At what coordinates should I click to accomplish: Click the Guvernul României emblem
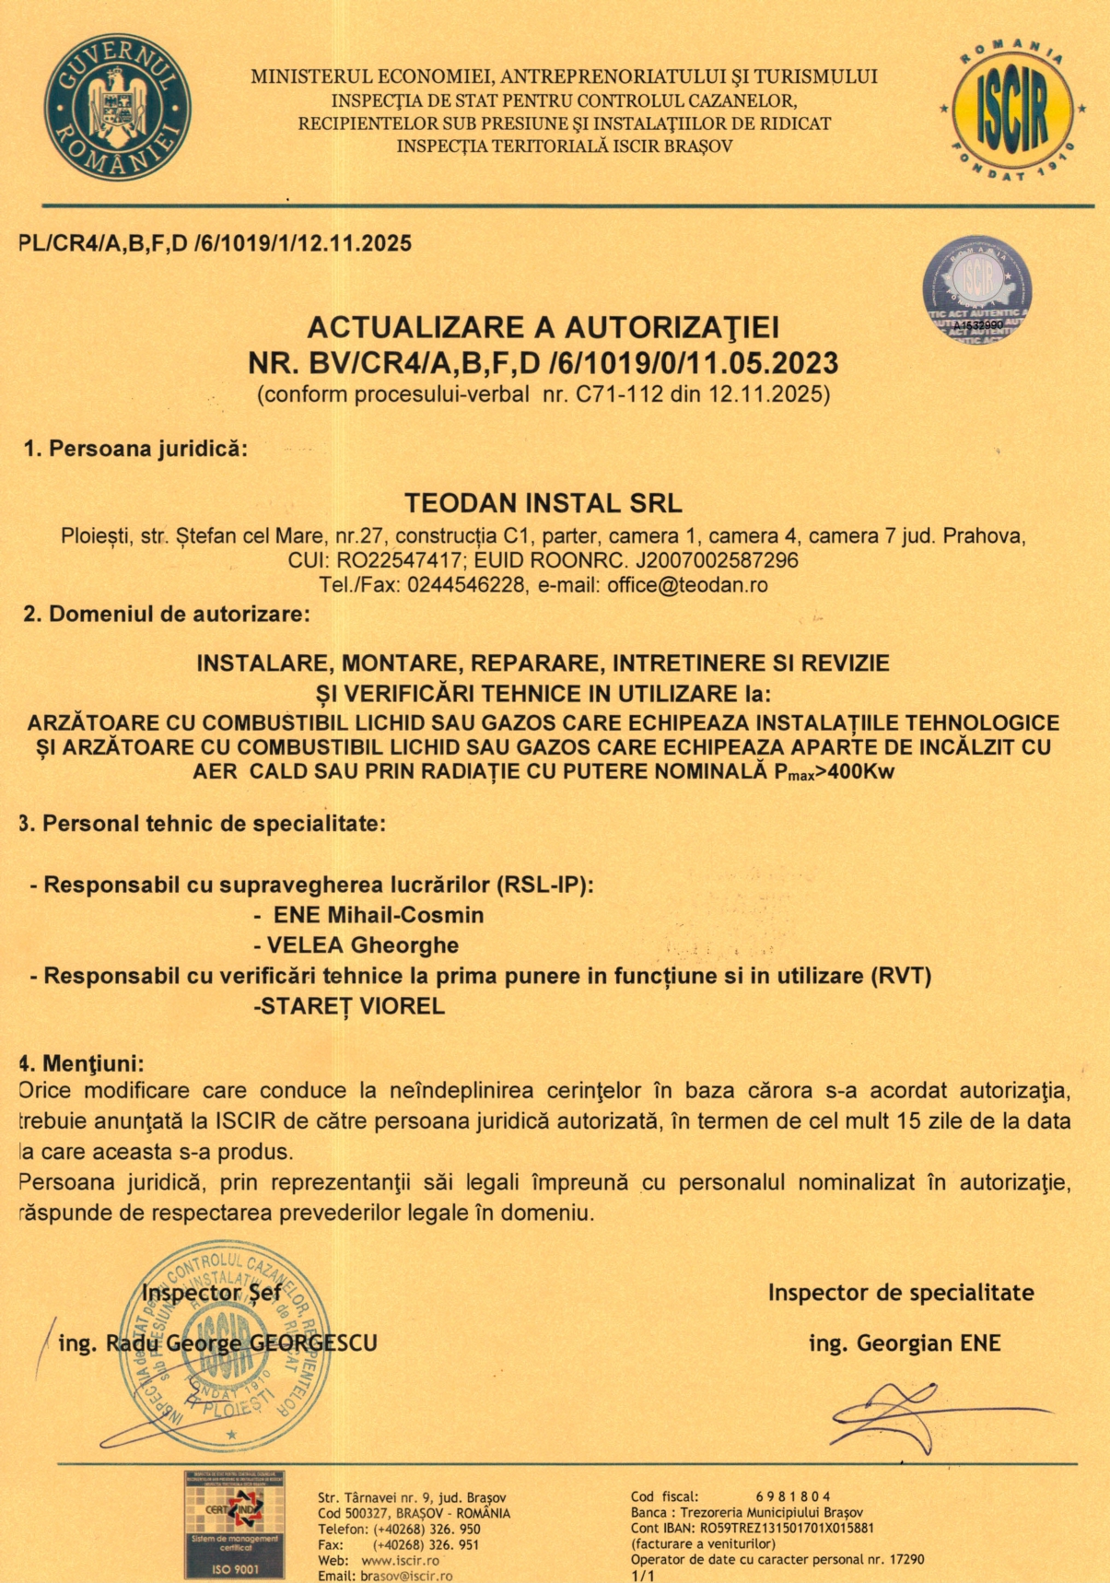tap(117, 106)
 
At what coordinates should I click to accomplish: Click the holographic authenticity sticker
tap(977, 289)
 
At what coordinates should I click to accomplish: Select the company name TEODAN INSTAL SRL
tap(543, 503)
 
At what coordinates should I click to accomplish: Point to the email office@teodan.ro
tap(687, 585)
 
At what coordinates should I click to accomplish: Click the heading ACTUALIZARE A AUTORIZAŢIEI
tap(543, 327)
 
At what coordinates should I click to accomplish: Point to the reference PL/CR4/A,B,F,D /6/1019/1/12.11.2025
tap(216, 244)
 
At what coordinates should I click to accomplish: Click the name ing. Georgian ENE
tap(905, 1343)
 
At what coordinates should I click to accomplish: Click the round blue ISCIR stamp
tap(224, 1336)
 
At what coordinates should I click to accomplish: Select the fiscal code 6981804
tap(793, 1496)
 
